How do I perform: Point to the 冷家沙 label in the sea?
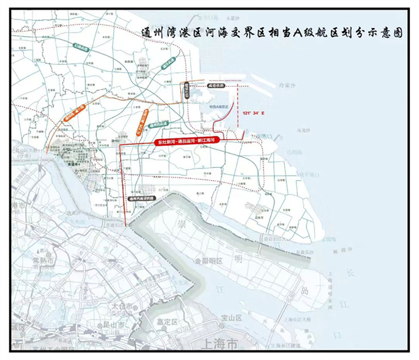pyautogui.click(x=288, y=85)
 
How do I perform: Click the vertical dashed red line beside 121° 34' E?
pyautogui.click(x=238, y=105)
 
